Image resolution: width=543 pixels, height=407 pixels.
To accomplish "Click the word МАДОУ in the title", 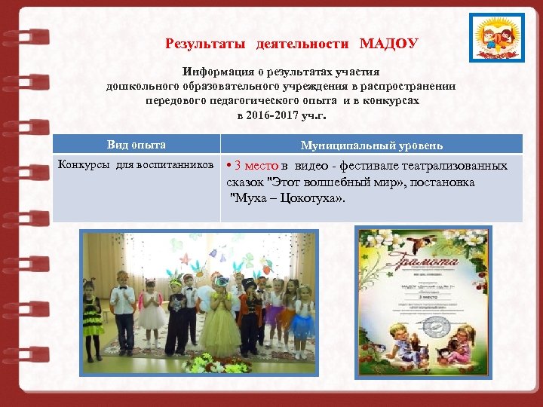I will [388, 44].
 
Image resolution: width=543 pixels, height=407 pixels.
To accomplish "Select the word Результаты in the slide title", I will [205, 44].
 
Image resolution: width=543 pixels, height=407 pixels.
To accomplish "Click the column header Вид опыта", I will [137, 145].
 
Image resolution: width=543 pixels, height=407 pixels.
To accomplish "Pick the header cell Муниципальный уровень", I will [372, 145].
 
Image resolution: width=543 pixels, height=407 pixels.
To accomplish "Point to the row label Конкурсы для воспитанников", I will [136, 165].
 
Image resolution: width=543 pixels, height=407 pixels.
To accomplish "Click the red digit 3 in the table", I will [238, 166].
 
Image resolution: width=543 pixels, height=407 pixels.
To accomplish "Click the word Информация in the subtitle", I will [216, 72].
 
